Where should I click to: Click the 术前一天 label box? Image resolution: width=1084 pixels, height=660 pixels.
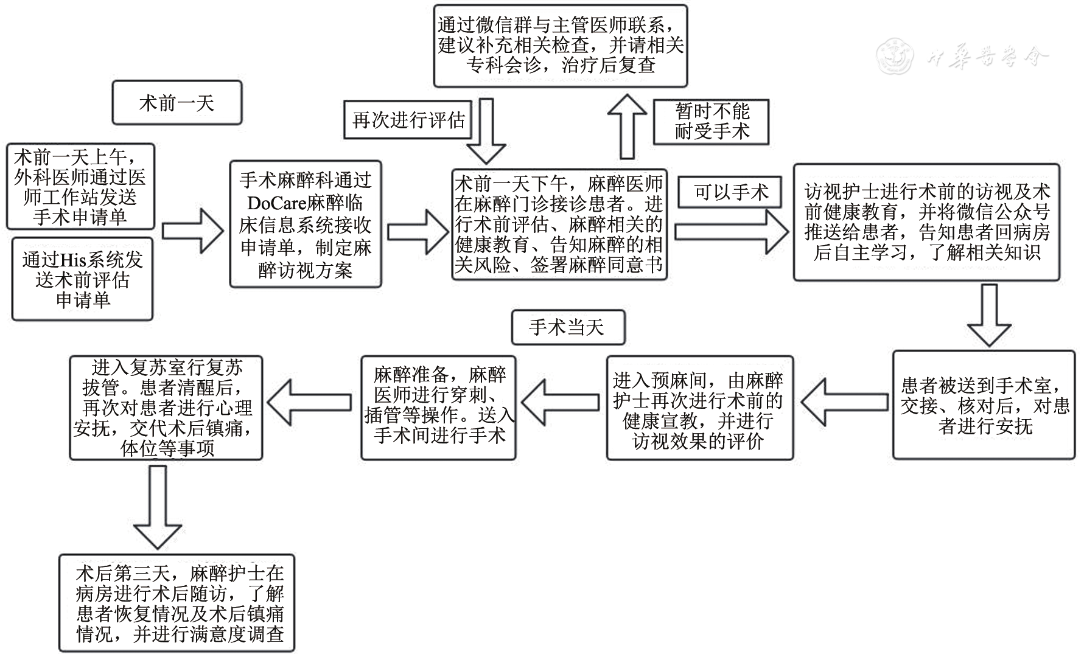coord(177,103)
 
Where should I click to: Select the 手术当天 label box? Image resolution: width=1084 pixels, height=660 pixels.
coord(568,328)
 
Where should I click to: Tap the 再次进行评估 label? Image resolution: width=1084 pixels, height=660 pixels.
coord(408,120)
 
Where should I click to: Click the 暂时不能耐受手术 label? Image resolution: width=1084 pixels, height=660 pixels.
coord(711,121)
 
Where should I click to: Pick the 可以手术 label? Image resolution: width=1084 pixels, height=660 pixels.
coord(732,192)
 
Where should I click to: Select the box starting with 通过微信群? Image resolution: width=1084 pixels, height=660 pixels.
coord(560,46)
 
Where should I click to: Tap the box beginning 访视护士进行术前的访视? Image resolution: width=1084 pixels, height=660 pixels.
coord(926,222)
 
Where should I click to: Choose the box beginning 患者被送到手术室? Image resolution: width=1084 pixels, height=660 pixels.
coord(984,405)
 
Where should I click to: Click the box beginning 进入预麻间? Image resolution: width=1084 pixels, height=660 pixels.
coord(699,408)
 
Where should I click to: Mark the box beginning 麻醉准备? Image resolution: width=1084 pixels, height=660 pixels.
coord(438,407)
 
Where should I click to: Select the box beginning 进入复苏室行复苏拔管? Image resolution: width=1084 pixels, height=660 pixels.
coord(166,407)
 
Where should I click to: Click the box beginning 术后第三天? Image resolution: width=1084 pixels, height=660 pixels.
coord(180,603)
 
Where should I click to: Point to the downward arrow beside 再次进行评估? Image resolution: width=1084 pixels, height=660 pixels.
coord(486,131)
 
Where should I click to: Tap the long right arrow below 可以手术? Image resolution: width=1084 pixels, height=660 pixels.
coord(731,232)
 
